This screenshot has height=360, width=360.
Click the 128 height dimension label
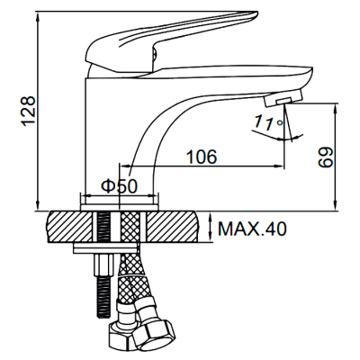28,112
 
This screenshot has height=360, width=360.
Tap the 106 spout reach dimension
202,157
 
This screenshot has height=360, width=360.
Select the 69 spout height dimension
325,157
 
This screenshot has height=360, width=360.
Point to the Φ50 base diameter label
119,186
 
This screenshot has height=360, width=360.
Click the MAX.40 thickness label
252,229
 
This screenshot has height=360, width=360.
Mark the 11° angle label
268,122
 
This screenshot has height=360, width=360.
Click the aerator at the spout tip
283,98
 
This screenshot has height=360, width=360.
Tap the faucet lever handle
171,41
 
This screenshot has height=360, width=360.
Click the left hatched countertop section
70,227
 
